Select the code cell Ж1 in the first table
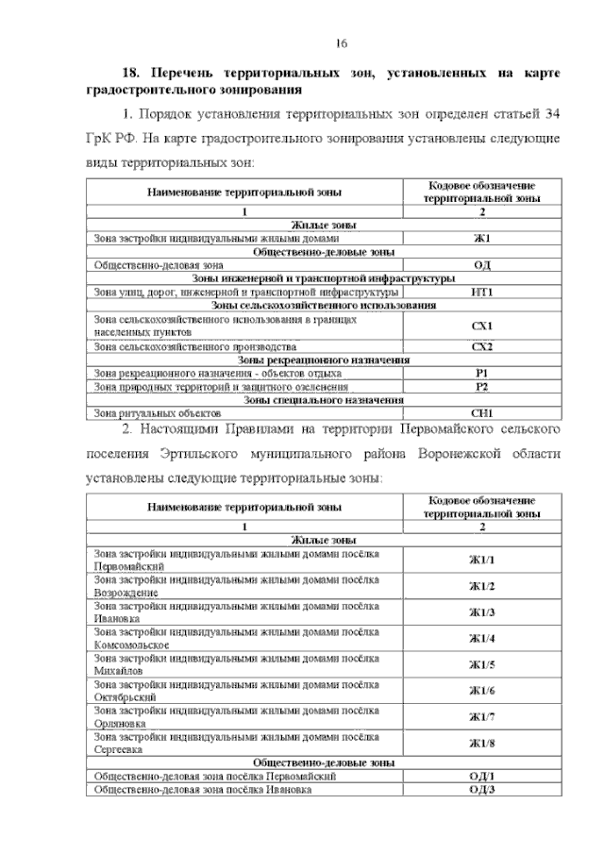pyautogui.click(x=481, y=239)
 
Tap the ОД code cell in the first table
pyautogui.click(x=481, y=266)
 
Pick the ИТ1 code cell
pyautogui.click(x=481, y=293)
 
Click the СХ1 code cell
pyautogui.click(x=481, y=327)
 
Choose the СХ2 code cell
pyautogui.click(x=481, y=346)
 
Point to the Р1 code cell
pyautogui.click(x=481, y=374)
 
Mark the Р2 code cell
pyautogui.click(x=481, y=387)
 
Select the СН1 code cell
pyautogui.click(x=481, y=413)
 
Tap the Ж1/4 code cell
pyautogui.click(x=481, y=639)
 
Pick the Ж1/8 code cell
pyautogui.click(x=481, y=744)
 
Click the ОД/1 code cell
pyautogui.click(x=481, y=776)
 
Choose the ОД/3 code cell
pyautogui.click(x=481, y=789)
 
